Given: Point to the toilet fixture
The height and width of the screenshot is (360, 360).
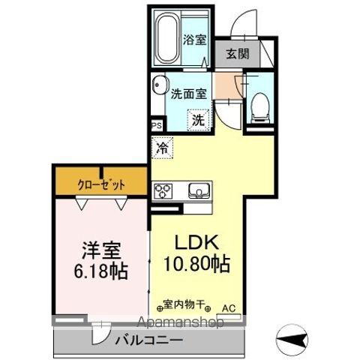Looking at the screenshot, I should (x=259, y=104).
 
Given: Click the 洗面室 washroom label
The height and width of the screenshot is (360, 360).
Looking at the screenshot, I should (x=187, y=94).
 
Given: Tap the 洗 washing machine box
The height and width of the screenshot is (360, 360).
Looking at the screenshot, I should (x=196, y=118).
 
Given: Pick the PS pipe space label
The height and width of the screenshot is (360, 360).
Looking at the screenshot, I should (x=157, y=126).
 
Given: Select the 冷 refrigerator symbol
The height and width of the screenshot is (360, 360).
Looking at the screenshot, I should (x=161, y=148).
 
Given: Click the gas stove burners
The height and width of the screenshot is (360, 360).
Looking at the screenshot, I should (x=163, y=192).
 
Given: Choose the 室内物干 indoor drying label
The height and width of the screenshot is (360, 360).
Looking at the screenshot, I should (x=183, y=306).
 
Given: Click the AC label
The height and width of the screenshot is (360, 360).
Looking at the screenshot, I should (x=228, y=306).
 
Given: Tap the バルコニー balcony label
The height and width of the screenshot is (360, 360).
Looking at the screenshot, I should (x=148, y=340).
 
